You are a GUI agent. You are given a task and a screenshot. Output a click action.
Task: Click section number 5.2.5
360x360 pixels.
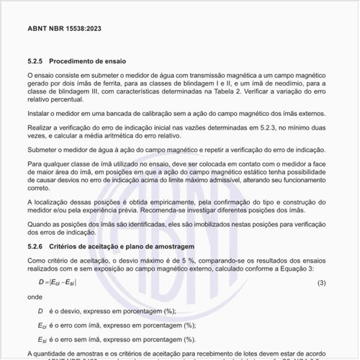coord(37,63)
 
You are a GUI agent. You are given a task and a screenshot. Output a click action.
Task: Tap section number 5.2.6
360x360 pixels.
coord(37,246)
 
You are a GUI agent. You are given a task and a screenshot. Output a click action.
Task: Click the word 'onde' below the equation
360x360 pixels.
coord(35,296)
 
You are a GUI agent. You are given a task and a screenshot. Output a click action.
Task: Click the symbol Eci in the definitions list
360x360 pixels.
coord(42,325)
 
